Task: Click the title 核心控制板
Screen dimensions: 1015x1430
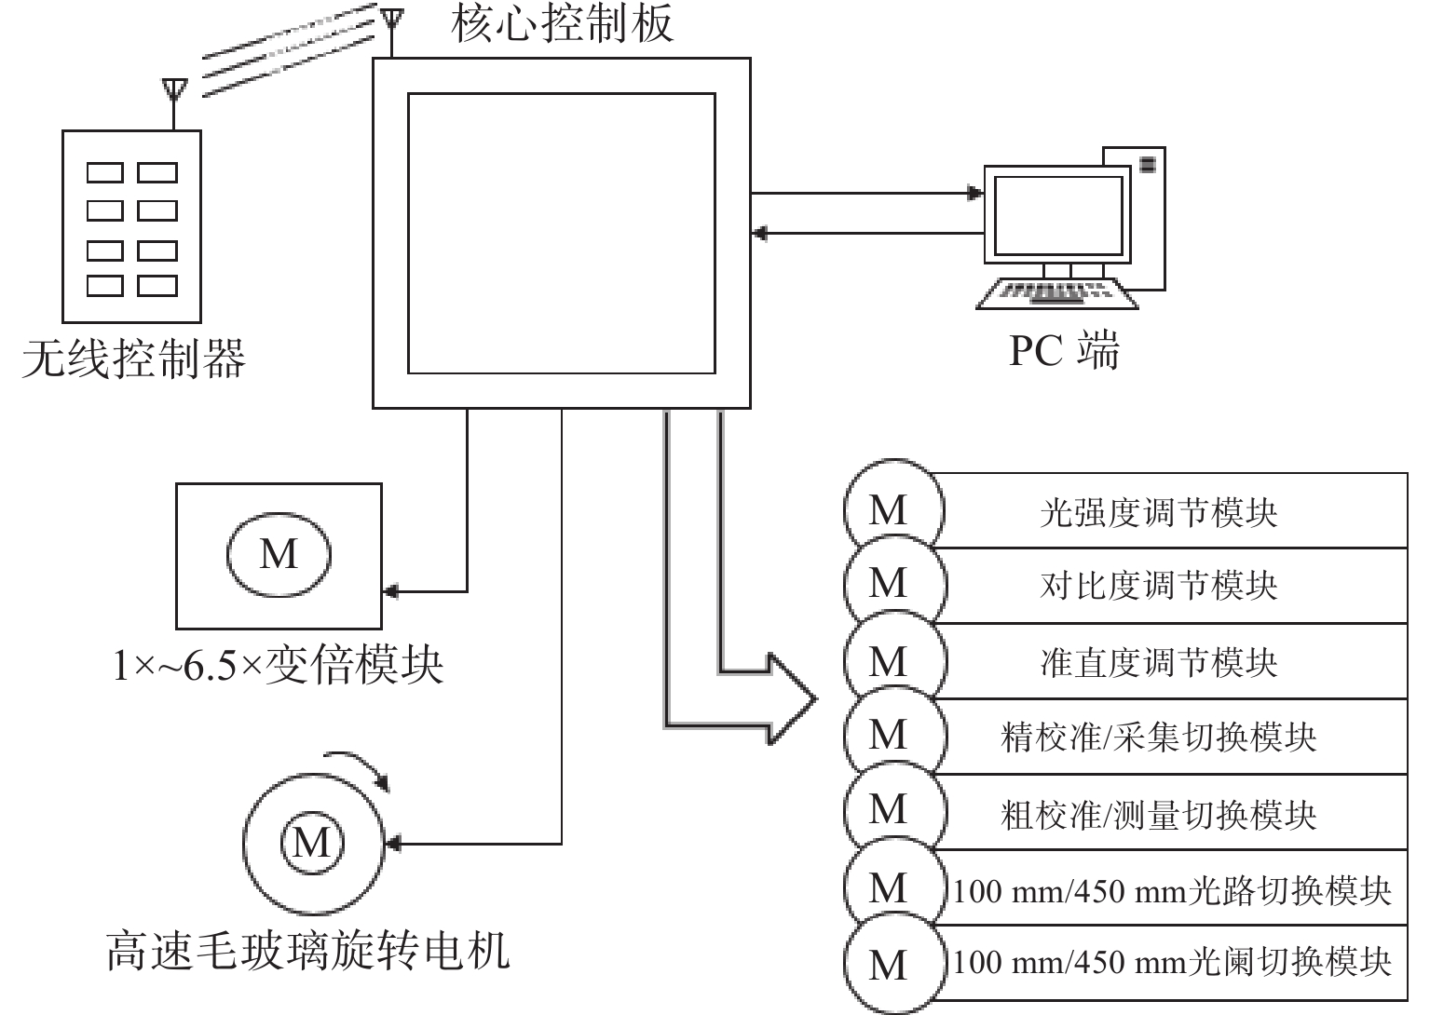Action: click(x=562, y=24)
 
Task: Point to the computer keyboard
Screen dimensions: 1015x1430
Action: click(x=1058, y=292)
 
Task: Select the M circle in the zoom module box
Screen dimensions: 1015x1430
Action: click(x=279, y=554)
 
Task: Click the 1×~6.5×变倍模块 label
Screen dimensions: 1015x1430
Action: click(x=278, y=666)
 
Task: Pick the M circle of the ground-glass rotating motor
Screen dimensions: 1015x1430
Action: click(x=312, y=843)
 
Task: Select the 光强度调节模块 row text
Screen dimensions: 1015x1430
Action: click(x=1158, y=512)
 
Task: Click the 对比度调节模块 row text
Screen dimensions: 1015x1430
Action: click(x=1158, y=586)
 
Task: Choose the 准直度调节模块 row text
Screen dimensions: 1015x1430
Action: click(x=1158, y=662)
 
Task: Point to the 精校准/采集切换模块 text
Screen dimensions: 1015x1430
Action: click(x=1158, y=737)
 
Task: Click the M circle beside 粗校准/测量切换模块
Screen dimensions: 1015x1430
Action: click(x=888, y=809)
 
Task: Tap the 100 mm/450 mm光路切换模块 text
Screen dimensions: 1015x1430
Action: click(x=1171, y=891)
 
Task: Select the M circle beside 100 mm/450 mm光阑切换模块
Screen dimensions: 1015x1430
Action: click(x=888, y=965)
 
